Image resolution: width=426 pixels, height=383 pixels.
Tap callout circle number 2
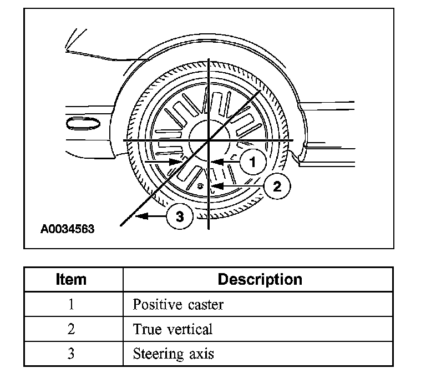[277, 186]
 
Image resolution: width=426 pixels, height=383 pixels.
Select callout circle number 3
[180, 216]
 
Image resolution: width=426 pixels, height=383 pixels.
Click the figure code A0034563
[67, 229]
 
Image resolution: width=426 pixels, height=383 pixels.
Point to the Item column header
[72, 279]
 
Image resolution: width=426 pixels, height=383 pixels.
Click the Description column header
[260, 279]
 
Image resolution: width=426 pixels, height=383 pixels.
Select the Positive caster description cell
[178, 304]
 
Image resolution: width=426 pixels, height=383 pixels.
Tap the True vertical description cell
[173, 329]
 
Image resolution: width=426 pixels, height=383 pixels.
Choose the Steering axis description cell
[174, 354]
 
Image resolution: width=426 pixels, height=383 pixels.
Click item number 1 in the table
[72, 304]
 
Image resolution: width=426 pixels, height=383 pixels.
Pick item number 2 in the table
[72, 329]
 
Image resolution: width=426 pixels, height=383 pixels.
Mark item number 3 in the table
[72, 354]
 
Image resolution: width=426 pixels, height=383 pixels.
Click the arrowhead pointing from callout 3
[139, 216]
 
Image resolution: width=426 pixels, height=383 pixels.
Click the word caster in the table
[205, 304]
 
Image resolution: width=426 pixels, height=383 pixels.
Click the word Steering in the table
[158, 354]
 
